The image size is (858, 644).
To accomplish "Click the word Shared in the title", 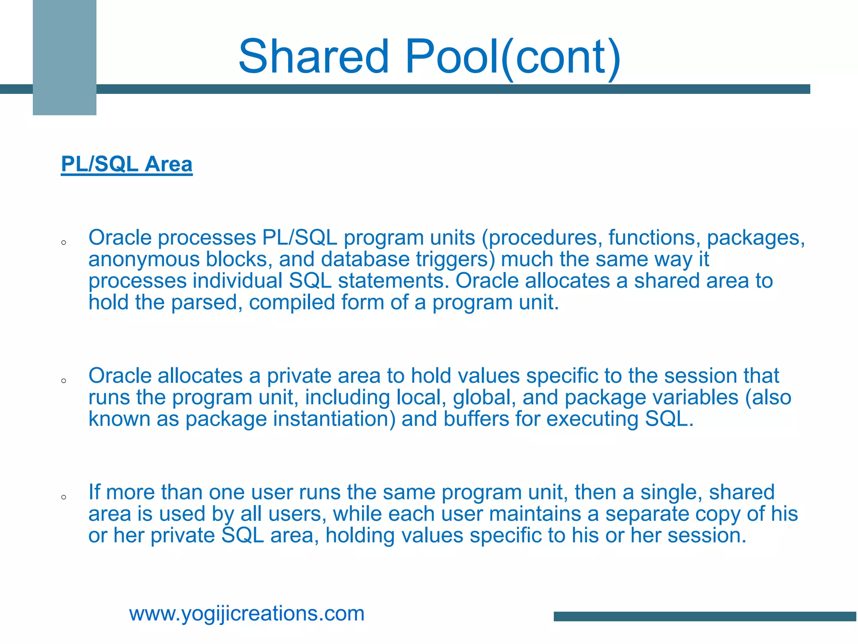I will click(x=313, y=57).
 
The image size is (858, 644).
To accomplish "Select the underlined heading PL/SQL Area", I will click(x=127, y=164).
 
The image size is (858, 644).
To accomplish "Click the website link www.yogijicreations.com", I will click(x=247, y=613).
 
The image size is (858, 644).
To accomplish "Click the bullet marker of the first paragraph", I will click(x=64, y=242).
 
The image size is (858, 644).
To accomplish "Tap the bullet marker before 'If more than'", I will click(x=64, y=497).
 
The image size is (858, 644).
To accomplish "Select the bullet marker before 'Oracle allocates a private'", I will click(x=64, y=381).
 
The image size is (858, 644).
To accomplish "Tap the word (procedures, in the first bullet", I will click(x=542, y=238).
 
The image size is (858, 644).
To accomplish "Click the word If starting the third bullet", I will click(x=94, y=492).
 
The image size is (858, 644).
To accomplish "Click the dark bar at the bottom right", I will click(x=705, y=616).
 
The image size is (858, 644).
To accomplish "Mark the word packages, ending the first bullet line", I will click(x=756, y=238).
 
